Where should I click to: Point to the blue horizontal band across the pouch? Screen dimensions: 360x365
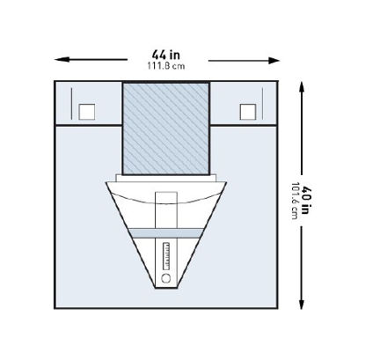tap(166, 231)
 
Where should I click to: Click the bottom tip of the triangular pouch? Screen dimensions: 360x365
tap(166, 290)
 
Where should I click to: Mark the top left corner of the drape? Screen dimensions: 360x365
tap(55, 82)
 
